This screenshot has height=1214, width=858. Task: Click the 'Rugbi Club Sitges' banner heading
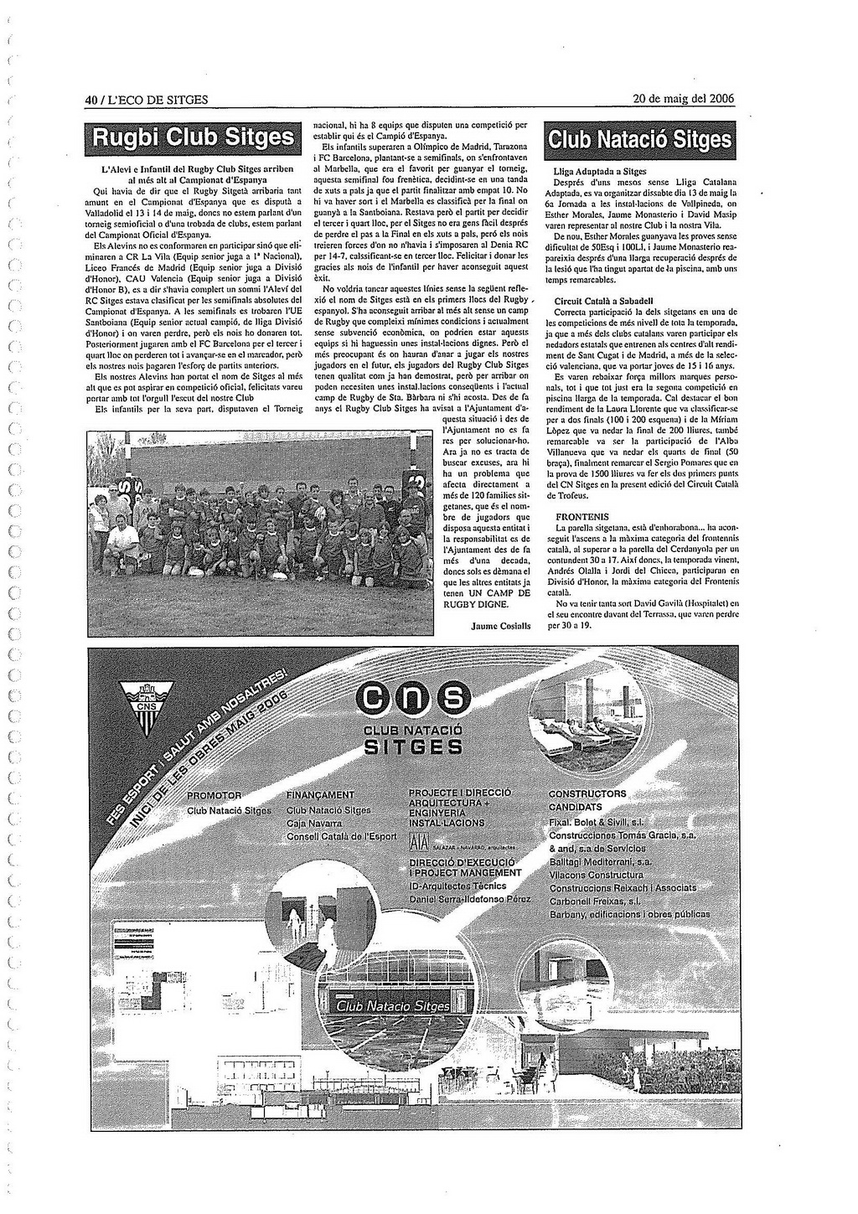pyautogui.click(x=194, y=137)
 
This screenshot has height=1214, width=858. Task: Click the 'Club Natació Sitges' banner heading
pyautogui.click(x=639, y=138)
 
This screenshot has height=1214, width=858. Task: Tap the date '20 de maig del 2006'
pyautogui.click(x=683, y=99)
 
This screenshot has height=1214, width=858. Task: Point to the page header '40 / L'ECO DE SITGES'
pyautogui.click(x=147, y=100)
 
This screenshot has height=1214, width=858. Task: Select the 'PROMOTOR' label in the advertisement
pyautogui.click(x=214, y=795)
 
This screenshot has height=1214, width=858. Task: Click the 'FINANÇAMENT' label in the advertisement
pyautogui.click(x=320, y=795)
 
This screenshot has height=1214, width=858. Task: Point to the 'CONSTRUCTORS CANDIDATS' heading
pyautogui.click(x=587, y=800)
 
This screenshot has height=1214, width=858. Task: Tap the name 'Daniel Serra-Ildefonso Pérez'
pyautogui.click(x=470, y=899)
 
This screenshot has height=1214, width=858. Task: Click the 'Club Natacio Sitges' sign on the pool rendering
pyautogui.click(x=392, y=1005)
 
